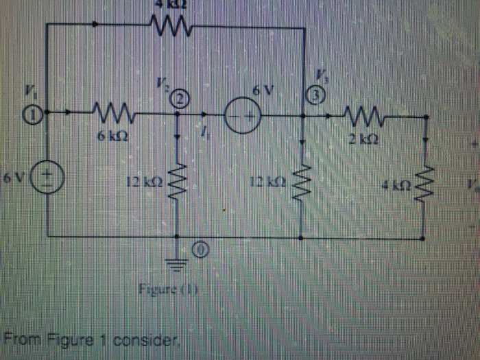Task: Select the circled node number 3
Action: coord(313,97)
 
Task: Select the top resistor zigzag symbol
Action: coord(166,27)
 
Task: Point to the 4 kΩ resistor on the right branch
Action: coord(426,182)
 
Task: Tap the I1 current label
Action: coord(204,138)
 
